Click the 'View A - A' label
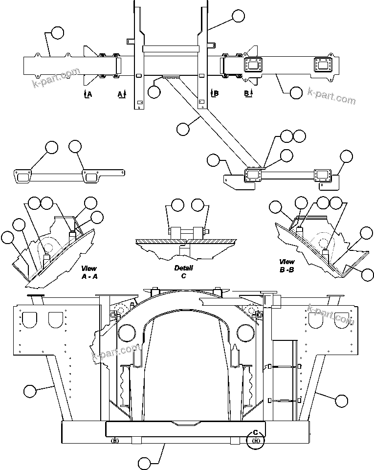(x=88, y=272)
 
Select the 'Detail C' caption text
(x=183, y=271)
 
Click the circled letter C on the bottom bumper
(x=255, y=433)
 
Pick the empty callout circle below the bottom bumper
(x=145, y=463)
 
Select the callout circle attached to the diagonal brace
(x=183, y=129)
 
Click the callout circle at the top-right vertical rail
(x=238, y=16)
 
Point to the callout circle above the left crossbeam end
(x=57, y=33)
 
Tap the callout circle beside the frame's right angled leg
(x=341, y=401)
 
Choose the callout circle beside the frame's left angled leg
(x=30, y=391)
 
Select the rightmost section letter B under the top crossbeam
(x=246, y=93)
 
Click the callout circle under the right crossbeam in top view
(x=296, y=92)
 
